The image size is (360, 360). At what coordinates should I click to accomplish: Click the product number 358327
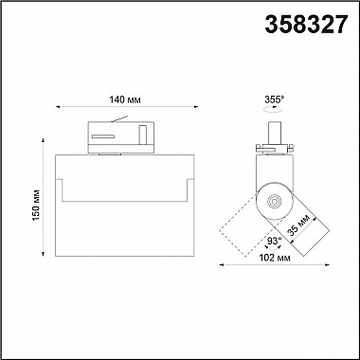[x=306, y=25]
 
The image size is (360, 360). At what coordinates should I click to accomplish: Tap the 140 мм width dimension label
[x=125, y=99]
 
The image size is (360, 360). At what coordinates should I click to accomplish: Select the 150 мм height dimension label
[x=37, y=206]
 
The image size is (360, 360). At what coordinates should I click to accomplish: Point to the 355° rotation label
[x=275, y=99]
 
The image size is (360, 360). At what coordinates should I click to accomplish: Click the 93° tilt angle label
[x=275, y=241]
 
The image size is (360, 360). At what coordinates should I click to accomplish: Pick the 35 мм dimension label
[x=298, y=225]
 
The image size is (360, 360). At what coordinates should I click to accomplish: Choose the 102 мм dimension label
[x=275, y=258]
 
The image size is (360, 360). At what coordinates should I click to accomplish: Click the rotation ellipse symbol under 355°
[x=273, y=109]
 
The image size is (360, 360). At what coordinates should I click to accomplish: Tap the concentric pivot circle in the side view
[x=274, y=201]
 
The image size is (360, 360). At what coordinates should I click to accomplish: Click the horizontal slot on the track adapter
[x=103, y=136]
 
